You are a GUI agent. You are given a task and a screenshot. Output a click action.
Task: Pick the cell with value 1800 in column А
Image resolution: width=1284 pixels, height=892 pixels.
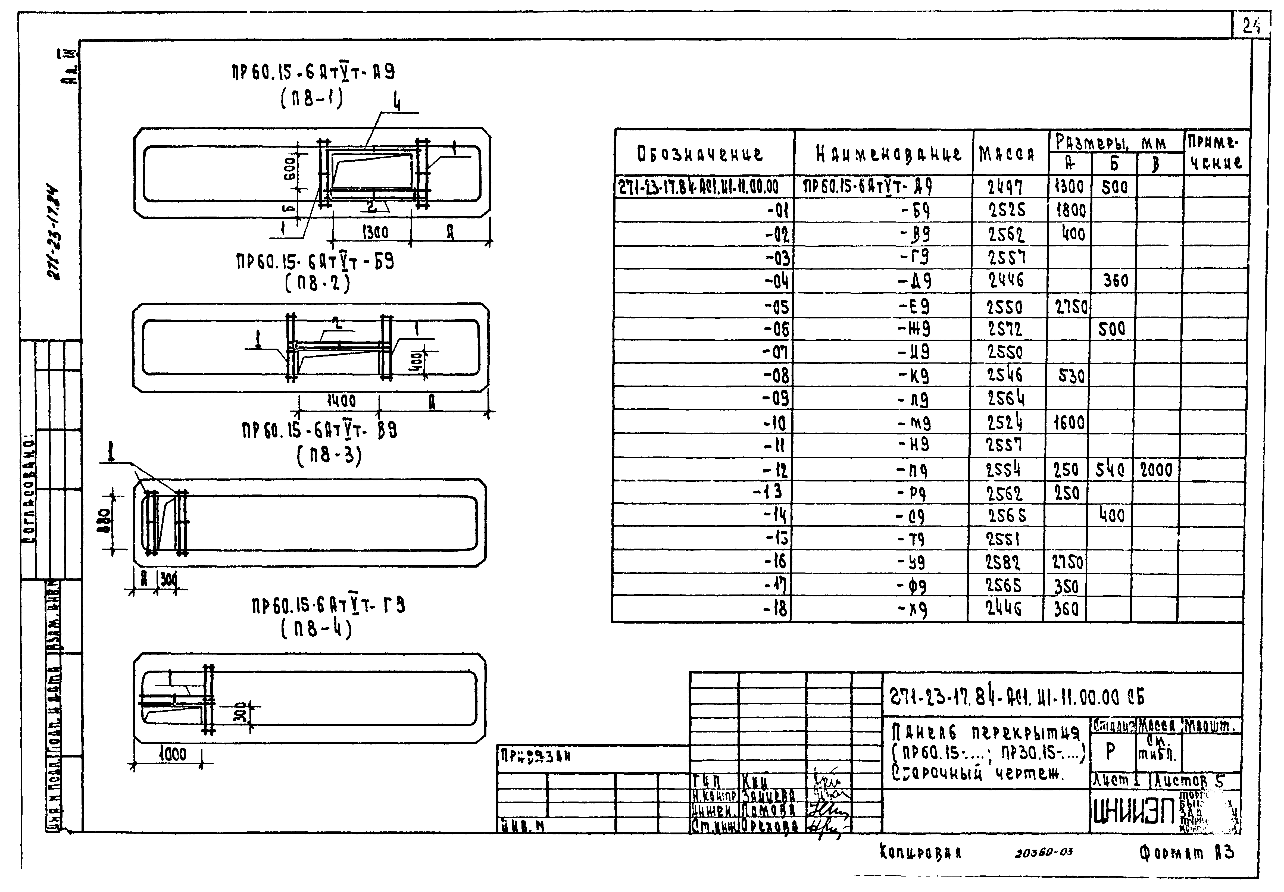pos(1070,211)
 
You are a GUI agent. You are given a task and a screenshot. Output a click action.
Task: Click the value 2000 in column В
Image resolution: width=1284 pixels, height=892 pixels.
pos(1156,470)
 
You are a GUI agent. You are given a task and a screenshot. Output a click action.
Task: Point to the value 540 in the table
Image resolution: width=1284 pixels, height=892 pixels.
pos(1110,470)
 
